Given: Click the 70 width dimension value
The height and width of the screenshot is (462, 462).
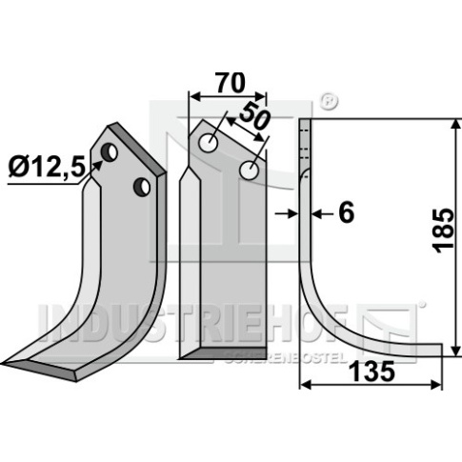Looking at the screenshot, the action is [231, 83].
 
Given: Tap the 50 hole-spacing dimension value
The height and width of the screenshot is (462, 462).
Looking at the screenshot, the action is [254, 116].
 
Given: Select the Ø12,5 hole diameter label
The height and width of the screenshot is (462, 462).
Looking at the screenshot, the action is [48, 168].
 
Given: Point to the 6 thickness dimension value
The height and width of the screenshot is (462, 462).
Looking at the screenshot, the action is [347, 212].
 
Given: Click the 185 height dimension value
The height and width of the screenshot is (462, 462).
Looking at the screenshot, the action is [444, 231].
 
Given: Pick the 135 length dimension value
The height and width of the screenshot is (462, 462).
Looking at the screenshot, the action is [372, 372].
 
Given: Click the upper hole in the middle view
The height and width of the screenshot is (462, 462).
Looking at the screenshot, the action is [208, 143].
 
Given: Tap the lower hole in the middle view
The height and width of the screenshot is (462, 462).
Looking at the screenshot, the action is [250, 171].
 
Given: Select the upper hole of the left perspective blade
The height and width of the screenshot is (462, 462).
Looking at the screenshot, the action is [110, 152].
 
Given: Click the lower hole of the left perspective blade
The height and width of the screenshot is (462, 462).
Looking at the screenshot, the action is [142, 187].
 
